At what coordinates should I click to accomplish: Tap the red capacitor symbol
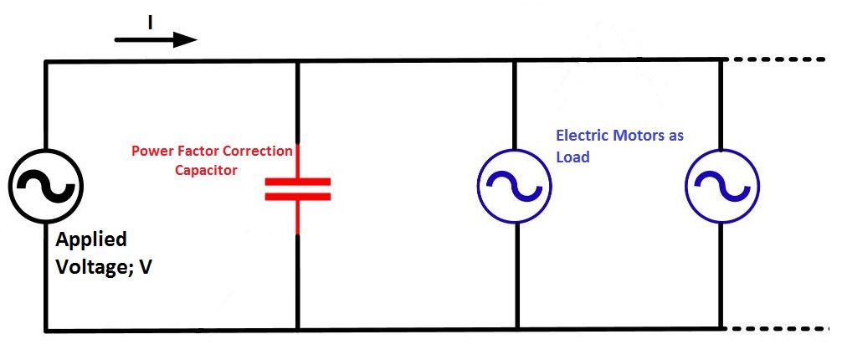click(298, 189)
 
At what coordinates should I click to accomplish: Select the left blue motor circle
click(514, 186)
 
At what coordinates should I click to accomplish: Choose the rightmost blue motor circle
click(721, 186)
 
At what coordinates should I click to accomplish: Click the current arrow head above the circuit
click(186, 39)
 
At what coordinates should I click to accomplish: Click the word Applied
click(91, 239)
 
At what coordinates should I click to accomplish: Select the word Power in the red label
click(151, 152)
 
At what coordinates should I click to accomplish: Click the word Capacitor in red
click(207, 170)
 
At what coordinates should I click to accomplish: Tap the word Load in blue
click(573, 156)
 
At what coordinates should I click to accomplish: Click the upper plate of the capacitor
click(298, 181)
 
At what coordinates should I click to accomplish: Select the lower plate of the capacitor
click(298, 197)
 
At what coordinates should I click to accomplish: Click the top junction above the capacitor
click(298, 61)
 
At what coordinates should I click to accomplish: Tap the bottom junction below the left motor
click(516, 329)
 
